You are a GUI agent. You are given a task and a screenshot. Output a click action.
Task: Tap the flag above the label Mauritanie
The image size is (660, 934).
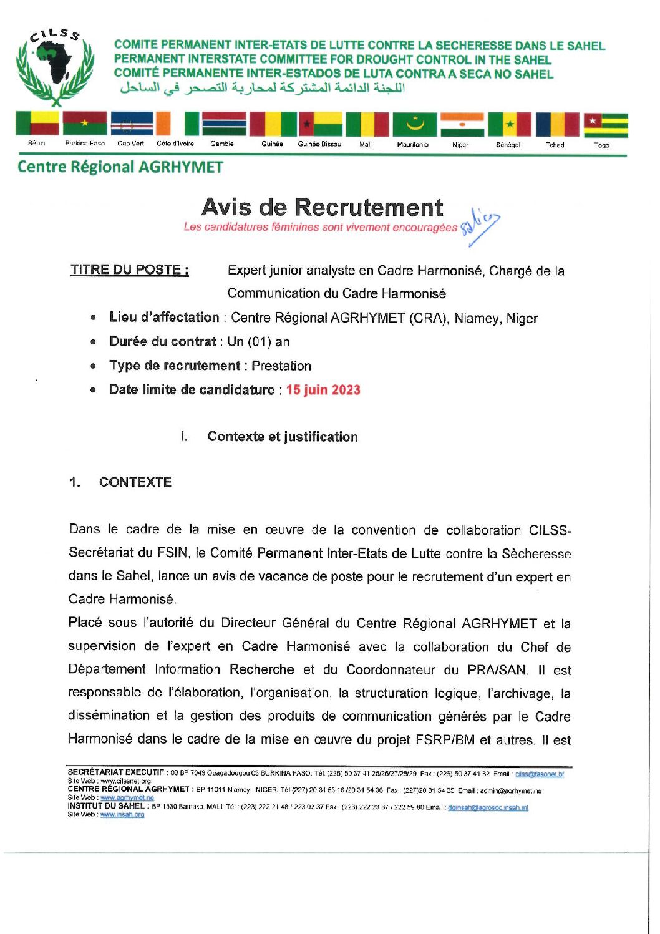click(x=414, y=124)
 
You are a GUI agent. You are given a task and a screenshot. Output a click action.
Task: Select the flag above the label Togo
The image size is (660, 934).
click(x=605, y=124)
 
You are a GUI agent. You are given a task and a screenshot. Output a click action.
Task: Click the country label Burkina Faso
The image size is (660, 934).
click(x=85, y=144)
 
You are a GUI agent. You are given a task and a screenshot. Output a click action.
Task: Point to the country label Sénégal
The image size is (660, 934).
click(x=508, y=145)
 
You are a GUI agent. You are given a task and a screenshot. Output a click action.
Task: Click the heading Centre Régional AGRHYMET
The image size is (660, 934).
click(x=120, y=167)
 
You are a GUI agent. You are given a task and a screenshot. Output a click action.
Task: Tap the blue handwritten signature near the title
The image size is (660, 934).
click(x=480, y=226)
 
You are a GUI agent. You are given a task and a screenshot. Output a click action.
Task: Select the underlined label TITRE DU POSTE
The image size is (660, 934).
click(x=129, y=270)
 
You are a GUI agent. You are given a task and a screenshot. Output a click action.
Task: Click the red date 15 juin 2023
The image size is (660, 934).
click(x=323, y=390)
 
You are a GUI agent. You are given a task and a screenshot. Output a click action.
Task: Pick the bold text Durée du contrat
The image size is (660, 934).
click(x=162, y=341)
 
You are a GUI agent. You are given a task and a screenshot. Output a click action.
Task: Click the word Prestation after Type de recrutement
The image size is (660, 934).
click(x=281, y=366)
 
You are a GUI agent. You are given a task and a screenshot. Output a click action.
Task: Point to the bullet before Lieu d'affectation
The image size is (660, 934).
click(x=93, y=318)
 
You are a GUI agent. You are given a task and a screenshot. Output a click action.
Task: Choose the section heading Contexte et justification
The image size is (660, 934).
click(x=283, y=437)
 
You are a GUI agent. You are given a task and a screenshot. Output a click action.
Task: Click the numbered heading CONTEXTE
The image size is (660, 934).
click(x=135, y=482)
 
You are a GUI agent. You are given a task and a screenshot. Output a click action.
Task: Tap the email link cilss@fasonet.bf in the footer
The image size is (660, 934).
click(x=539, y=774)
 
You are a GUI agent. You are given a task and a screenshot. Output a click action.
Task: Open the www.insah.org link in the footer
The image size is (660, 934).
click(x=122, y=814)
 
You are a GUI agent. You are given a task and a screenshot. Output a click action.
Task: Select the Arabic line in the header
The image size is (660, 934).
click(x=263, y=88)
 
